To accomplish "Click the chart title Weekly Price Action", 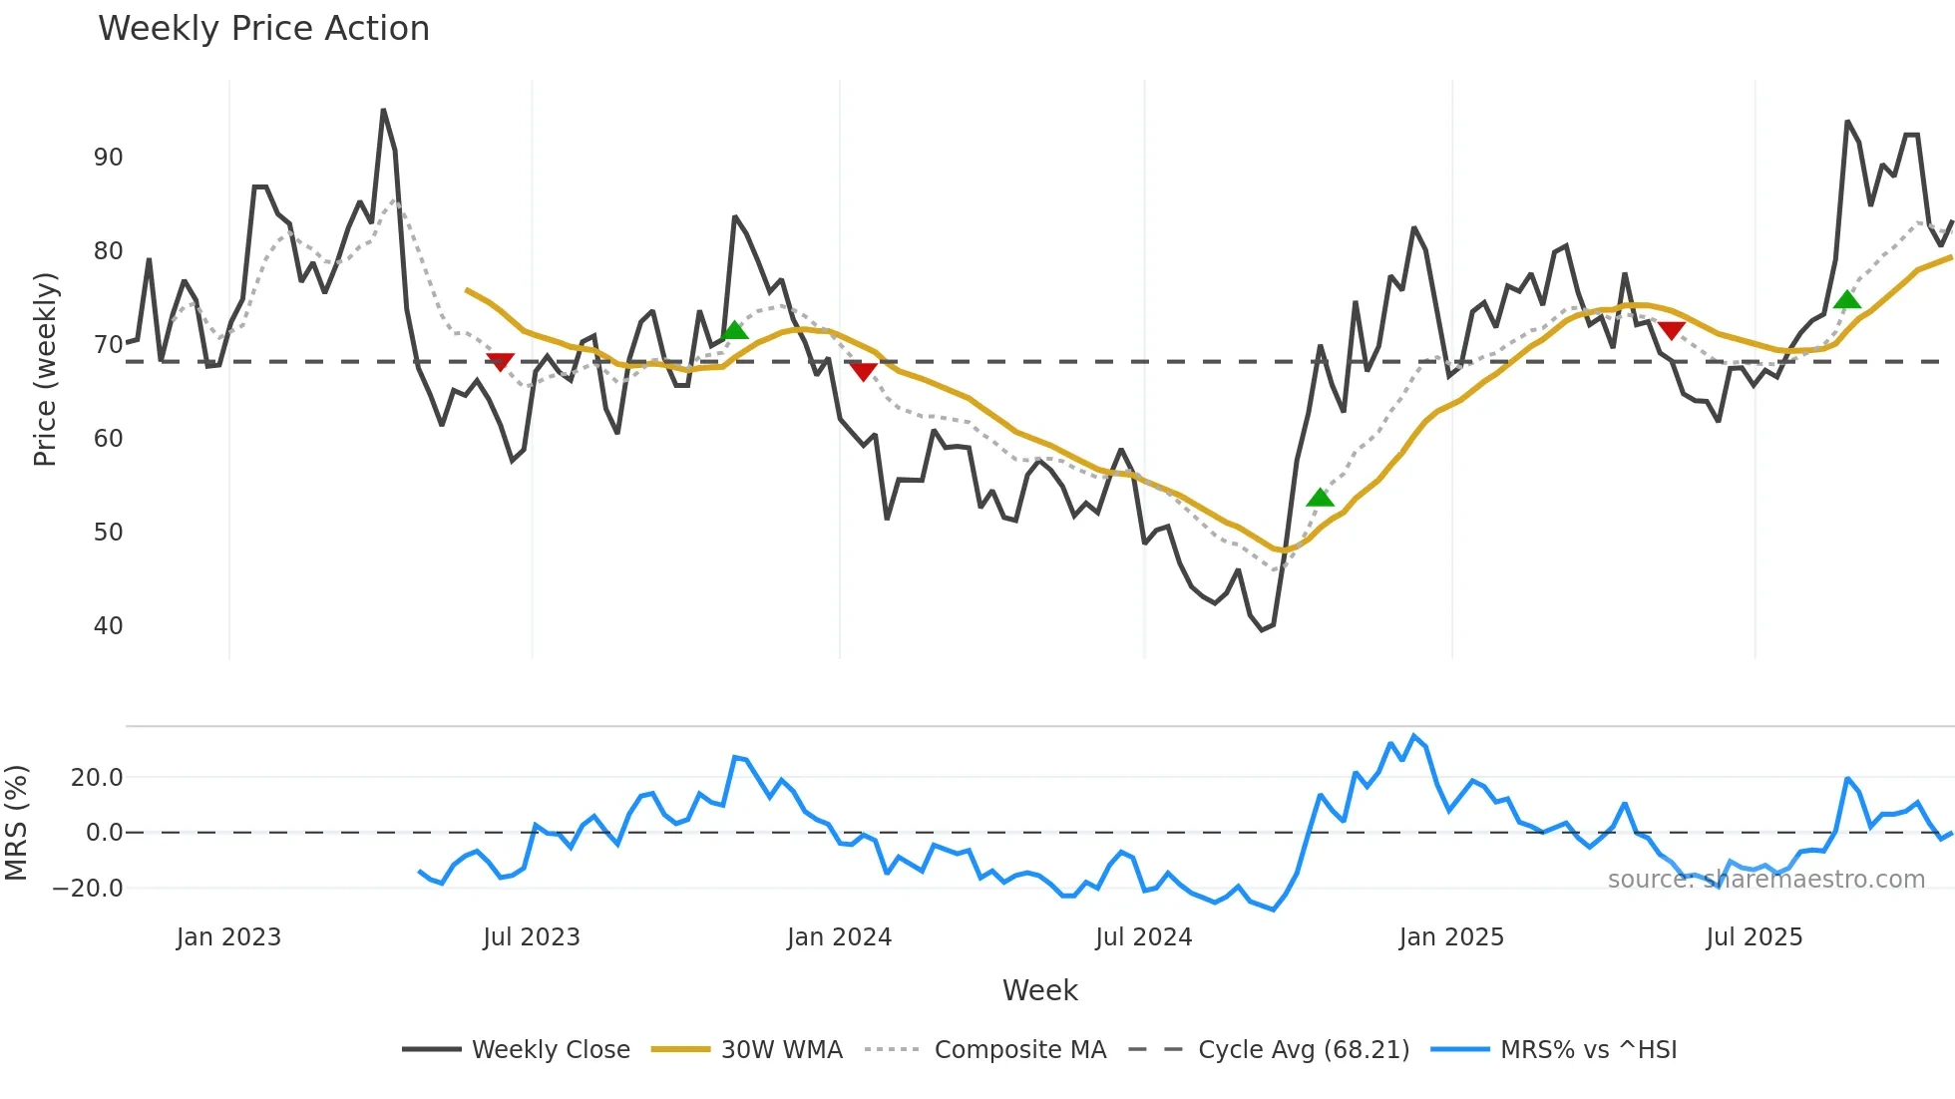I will (x=263, y=29).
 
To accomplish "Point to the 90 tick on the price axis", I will (x=108, y=158).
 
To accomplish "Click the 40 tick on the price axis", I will (x=108, y=626).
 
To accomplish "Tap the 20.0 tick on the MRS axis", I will (x=97, y=778).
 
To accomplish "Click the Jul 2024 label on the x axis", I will (x=1143, y=937).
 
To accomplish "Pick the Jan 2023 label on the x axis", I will (x=228, y=937).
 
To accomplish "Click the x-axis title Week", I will (x=1039, y=990).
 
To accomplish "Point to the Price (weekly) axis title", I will (x=45, y=369).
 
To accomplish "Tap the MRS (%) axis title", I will (x=16, y=823).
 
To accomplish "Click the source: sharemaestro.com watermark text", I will (x=1765, y=880).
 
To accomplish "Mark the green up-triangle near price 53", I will (x=1320, y=498).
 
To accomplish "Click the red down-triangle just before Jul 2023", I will (x=500, y=361).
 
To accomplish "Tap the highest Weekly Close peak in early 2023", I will (x=383, y=111).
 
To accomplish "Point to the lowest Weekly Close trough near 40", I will (x=1262, y=629).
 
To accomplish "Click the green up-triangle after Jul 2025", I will (x=1847, y=299).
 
